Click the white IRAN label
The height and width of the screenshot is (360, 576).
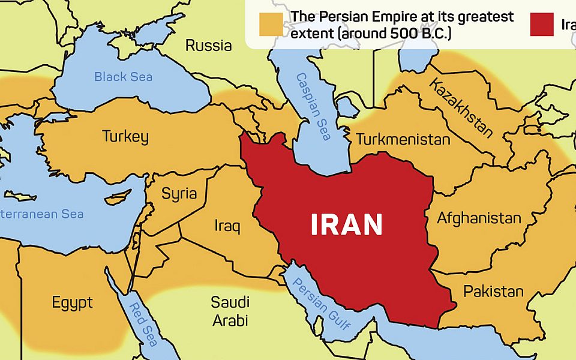347,225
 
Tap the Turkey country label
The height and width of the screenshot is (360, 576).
125,136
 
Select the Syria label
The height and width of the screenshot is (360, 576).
179,193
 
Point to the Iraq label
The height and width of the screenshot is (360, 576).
227,226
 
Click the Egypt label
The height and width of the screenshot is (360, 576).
72,302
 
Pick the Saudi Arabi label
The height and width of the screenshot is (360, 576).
230,311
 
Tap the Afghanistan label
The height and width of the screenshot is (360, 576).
479,218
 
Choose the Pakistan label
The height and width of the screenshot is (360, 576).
493,292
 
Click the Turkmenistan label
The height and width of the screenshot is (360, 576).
403,140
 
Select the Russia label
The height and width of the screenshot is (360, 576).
208,45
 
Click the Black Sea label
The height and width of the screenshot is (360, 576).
123,77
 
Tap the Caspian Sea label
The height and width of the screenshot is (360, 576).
313,106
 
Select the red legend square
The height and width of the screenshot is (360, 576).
542,24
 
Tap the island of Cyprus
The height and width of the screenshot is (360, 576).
118,196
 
